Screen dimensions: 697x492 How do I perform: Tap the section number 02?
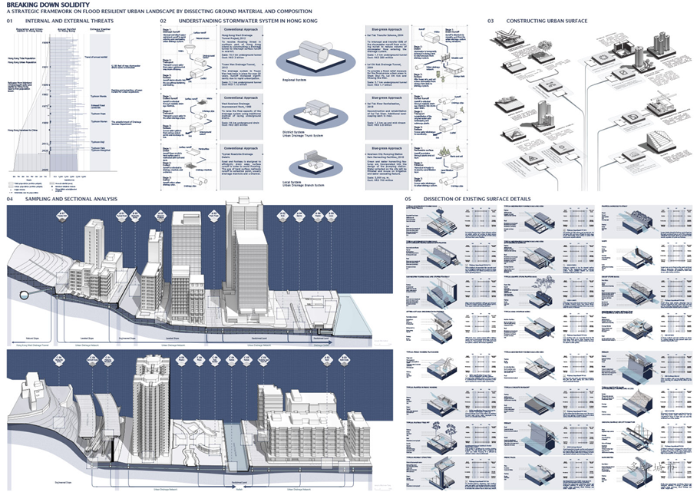pos(164,21)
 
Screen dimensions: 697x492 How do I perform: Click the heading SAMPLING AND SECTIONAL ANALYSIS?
pos(71,200)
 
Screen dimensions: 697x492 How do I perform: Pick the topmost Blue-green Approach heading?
pos(388,28)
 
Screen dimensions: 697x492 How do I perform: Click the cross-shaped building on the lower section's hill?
pos(32,384)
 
